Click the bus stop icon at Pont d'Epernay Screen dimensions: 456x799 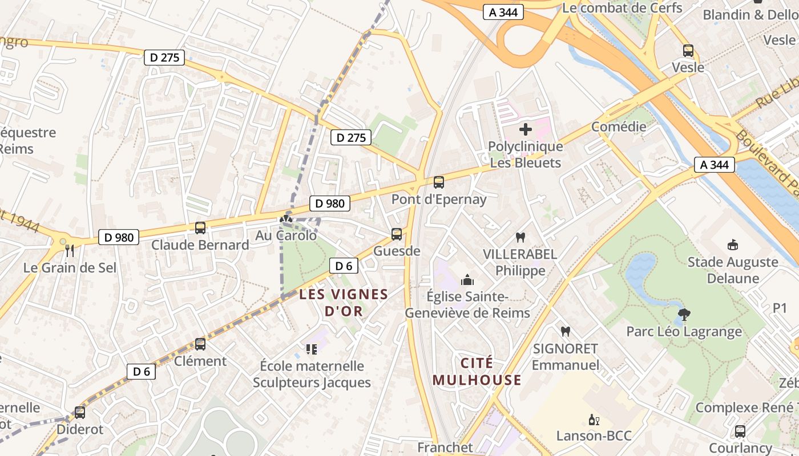[438, 182]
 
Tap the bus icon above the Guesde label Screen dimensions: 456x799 [396, 234]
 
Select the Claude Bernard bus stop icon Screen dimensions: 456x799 [200, 228]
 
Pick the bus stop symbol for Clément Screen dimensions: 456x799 [200, 344]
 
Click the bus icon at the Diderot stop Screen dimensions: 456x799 [80, 413]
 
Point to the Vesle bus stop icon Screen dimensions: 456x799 [688, 51]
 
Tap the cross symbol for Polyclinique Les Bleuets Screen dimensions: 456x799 [525, 129]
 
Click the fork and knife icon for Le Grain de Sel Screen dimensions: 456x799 [70, 250]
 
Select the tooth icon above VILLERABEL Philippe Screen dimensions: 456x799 [520, 237]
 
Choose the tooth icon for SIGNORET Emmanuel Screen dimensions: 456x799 [566, 331]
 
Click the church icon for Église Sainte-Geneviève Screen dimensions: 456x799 [467, 280]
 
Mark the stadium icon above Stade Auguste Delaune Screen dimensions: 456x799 [733, 245]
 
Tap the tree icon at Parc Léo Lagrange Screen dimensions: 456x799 [684, 314]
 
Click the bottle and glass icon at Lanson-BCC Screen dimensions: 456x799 [594, 420]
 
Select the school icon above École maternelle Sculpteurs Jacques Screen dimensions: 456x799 [312, 348]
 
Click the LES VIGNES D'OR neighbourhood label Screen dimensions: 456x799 [344, 303]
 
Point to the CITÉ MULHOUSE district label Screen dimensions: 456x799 [477, 372]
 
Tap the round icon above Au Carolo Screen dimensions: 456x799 [286, 219]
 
